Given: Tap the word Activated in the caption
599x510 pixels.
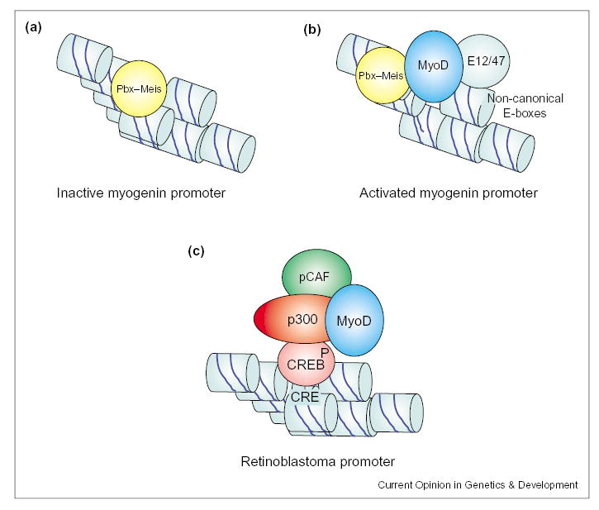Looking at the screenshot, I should (388, 193).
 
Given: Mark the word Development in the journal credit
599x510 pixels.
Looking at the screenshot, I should (548, 485).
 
